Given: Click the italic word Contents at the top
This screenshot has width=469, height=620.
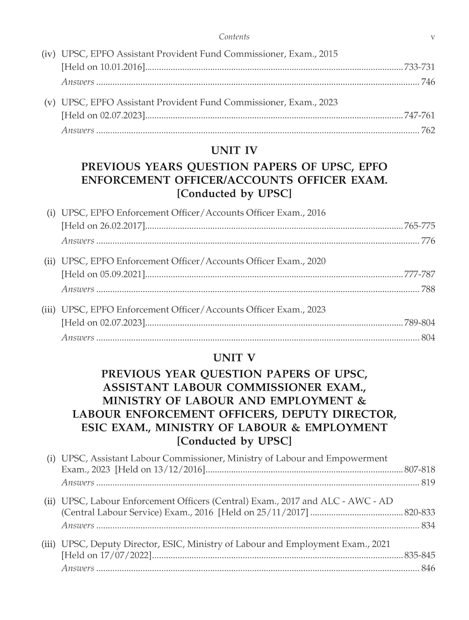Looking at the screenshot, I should [x=234, y=37].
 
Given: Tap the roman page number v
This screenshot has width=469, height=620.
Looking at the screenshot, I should [x=433, y=37].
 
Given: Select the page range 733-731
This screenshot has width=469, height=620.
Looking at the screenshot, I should [x=419, y=67].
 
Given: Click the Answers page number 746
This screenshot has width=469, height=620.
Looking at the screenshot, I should [x=428, y=82].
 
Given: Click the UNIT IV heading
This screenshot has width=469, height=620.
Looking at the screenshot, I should [x=234, y=150].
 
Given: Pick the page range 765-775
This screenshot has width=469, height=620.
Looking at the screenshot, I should [x=419, y=226].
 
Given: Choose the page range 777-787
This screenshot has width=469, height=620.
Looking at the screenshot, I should [x=419, y=274].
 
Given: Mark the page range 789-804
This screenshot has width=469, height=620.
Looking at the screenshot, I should [x=419, y=323].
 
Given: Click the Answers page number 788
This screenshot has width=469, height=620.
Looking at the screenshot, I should [x=428, y=289].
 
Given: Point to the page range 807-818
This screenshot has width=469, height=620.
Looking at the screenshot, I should [x=419, y=470].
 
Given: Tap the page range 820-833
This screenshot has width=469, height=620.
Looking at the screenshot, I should [x=419, y=513].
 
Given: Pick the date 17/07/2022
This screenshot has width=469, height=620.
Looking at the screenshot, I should [x=127, y=556].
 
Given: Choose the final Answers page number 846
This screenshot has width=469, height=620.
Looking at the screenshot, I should [x=428, y=568].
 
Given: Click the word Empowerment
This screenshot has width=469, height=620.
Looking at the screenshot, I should [x=357, y=458].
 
